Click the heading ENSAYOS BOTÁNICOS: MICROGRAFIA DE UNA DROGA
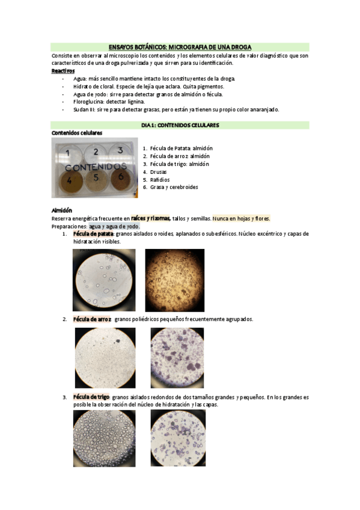tap(180, 46)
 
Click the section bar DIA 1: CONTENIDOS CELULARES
tap(180, 125)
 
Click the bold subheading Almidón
tap(62, 210)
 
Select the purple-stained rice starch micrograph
tap(177, 357)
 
